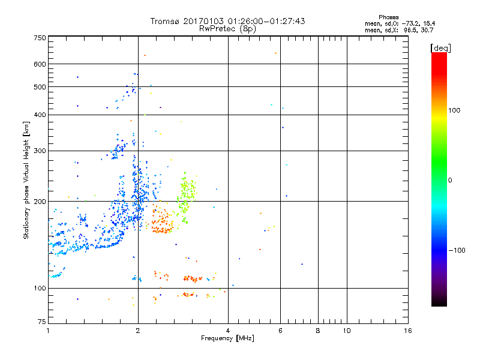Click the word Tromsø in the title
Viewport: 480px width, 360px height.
(x=165, y=21)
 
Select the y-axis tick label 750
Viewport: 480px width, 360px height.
(x=40, y=38)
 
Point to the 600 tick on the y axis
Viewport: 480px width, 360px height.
(x=40, y=64)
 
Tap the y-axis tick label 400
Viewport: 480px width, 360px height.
(x=40, y=115)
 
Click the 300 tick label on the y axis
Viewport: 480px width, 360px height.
(x=40, y=151)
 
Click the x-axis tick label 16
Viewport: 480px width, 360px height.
(x=407, y=331)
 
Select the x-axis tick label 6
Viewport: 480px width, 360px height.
(x=280, y=331)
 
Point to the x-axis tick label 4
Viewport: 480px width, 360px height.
(x=228, y=331)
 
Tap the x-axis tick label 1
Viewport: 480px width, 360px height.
(x=48, y=331)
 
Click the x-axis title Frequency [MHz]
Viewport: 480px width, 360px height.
(x=227, y=339)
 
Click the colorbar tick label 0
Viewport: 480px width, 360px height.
(x=451, y=180)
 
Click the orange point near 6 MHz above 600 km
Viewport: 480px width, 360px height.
(x=275, y=53)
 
